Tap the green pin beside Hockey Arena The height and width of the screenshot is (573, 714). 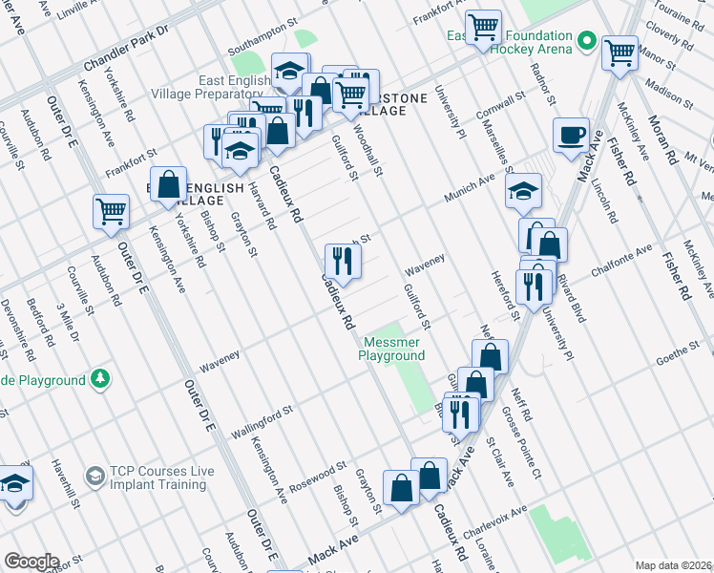586,42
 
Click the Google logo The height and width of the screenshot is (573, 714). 31,562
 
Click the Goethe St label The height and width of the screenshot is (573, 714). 678,358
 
